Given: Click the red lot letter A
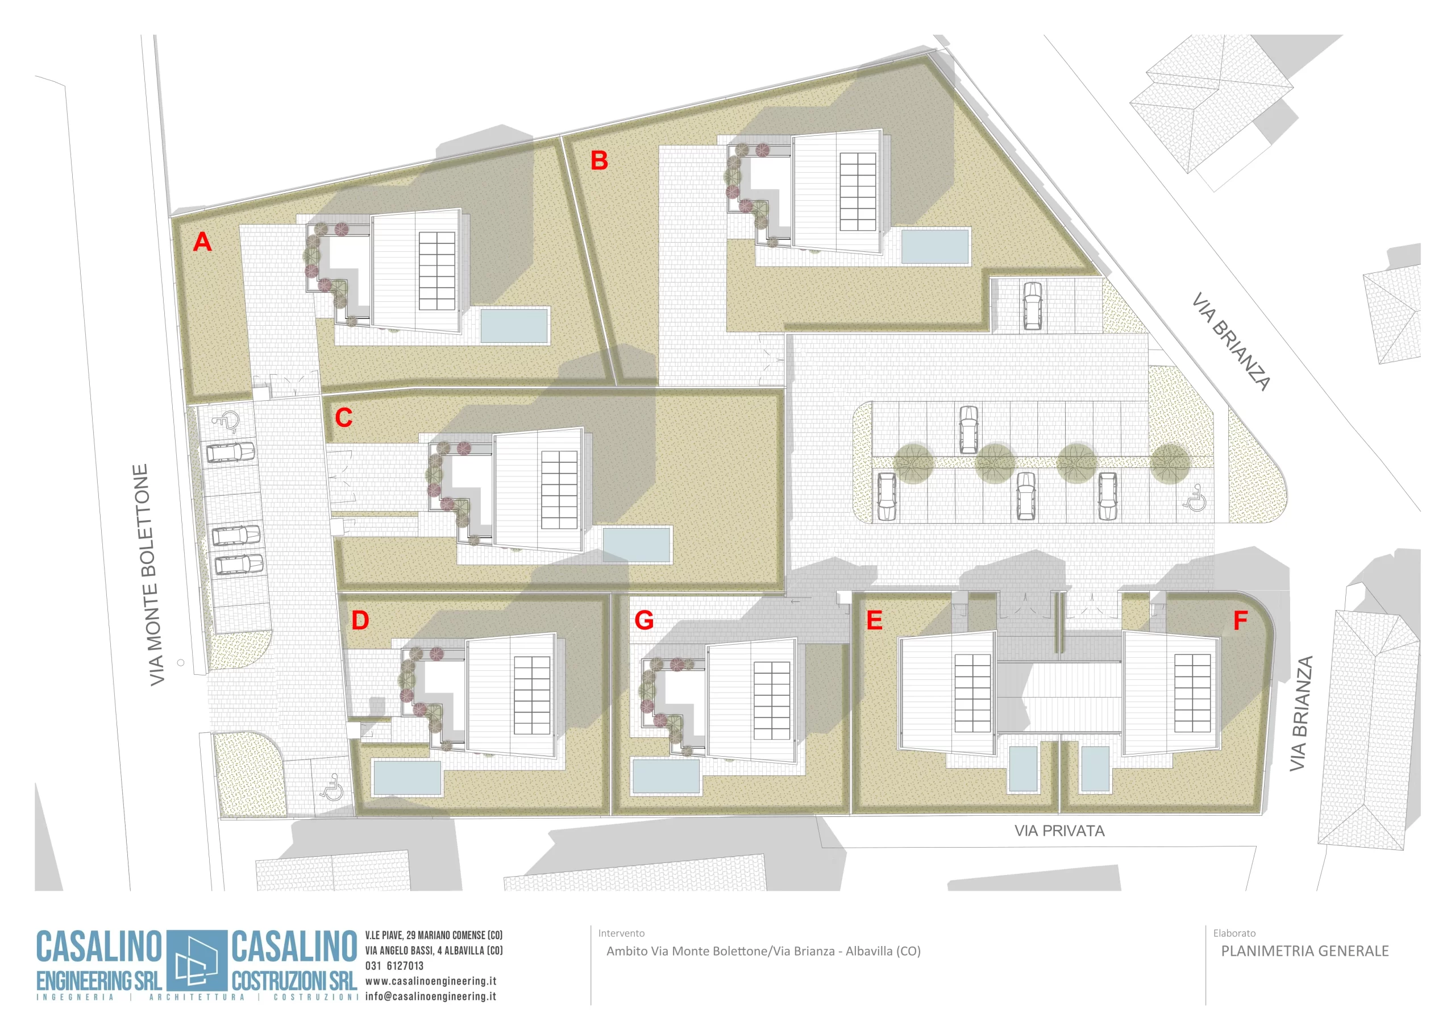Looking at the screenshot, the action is pyautogui.click(x=202, y=242).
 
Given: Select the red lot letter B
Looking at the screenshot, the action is pyautogui.click(x=599, y=160).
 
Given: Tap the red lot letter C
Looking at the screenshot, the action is pyautogui.click(x=343, y=418).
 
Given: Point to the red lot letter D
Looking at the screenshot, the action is pyautogui.click(x=360, y=620).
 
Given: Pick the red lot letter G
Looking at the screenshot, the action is pyautogui.click(x=644, y=620).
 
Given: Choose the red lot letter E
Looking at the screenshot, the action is pyautogui.click(x=874, y=620).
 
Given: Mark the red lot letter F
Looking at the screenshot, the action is pyautogui.click(x=1240, y=620).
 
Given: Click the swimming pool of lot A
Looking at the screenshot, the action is pyautogui.click(x=514, y=325).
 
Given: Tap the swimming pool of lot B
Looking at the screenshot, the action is pyautogui.click(x=935, y=246).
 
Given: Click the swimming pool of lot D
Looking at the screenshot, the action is pyautogui.click(x=407, y=777).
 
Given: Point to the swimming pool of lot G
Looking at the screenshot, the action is pyautogui.click(x=666, y=776).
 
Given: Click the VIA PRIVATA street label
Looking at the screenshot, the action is pyautogui.click(x=1059, y=831).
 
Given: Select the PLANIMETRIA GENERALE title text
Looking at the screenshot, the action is pyautogui.click(x=1304, y=951).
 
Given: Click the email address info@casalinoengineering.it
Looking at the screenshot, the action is pyautogui.click(x=430, y=996).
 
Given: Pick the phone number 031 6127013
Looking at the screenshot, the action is pyautogui.click(x=394, y=965).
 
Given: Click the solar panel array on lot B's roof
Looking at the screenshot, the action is pyautogui.click(x=858, y=192).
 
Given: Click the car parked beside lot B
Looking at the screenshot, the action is pyautogui.click(x=1032, y=306).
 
